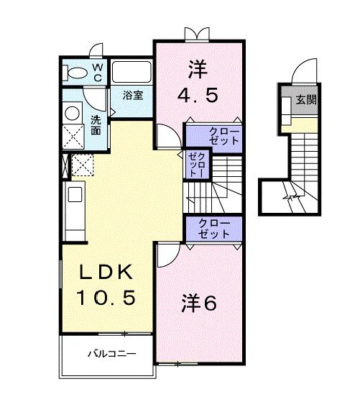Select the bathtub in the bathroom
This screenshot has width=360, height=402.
(x=131, y=74)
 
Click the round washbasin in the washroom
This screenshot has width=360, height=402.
(x=73, y=112)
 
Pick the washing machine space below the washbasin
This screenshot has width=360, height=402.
(x=73, y=135)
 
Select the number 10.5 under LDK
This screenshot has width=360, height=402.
(x=106, y=296)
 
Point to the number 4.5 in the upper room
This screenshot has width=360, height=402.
(x=198, y=94)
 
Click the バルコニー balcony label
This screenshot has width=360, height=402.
(x=111, y=355)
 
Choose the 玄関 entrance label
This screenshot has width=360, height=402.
(x=308, y=99)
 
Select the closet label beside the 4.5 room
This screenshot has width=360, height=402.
(x=216, y=136)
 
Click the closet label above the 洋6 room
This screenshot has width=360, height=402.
(x=214, y=229)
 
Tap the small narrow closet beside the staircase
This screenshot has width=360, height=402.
(x=195, y=165)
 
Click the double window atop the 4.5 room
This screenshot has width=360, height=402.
(x=196, y=33)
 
